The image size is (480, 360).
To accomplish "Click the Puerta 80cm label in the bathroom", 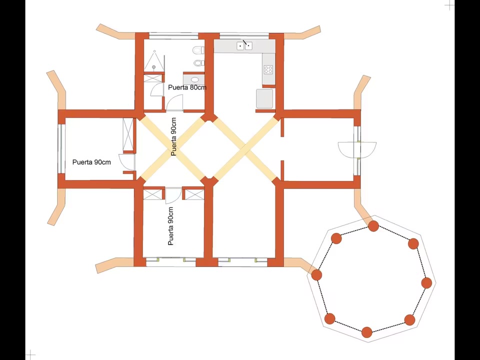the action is point(187,87).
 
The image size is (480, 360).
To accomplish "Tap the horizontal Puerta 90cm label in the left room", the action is point(91,162).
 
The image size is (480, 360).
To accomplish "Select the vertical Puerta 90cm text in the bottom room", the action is point(171,226).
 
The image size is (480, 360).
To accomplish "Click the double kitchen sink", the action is point(244,46).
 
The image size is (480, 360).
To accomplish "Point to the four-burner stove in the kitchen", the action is point(268,69).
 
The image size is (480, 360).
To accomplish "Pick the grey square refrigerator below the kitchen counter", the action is point(264,98).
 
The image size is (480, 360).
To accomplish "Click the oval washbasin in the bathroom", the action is point(193,80).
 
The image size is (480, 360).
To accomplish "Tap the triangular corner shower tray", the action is point(154,60).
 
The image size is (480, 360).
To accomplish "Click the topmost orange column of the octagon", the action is point(373,226).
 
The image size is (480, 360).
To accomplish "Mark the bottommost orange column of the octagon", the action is point(366,332).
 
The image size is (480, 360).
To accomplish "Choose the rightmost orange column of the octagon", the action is point(426,283).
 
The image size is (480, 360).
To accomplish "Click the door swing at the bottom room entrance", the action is point(173,196).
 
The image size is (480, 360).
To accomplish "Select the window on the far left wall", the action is point(61,148).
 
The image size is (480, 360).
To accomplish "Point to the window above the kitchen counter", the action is point(244,35).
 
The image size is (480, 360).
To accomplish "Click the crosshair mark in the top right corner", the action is point(449,5).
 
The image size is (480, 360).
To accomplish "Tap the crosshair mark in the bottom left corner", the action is point(30,354).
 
